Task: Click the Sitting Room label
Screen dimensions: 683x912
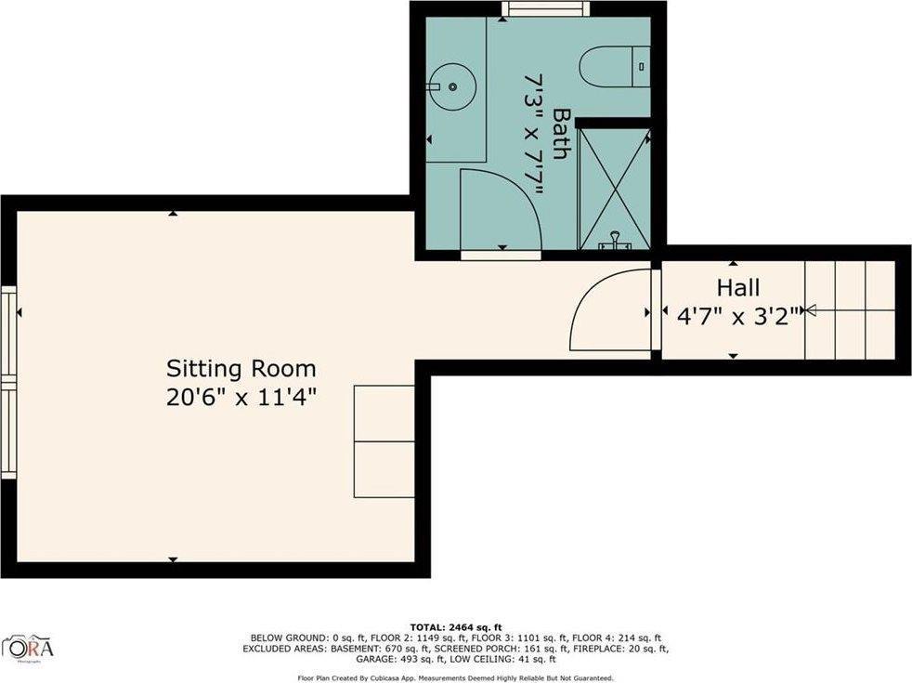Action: (241, 368)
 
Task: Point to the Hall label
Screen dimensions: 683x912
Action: (737, 286)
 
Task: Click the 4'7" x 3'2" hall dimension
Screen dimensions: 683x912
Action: (737, 316)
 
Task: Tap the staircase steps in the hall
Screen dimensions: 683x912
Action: (849, 309)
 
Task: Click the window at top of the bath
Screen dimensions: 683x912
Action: (545, 8)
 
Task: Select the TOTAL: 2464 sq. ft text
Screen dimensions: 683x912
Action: (455, 627)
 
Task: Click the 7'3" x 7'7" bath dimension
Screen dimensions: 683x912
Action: (533, 134)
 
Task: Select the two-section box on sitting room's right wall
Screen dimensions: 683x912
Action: (384, 442)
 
